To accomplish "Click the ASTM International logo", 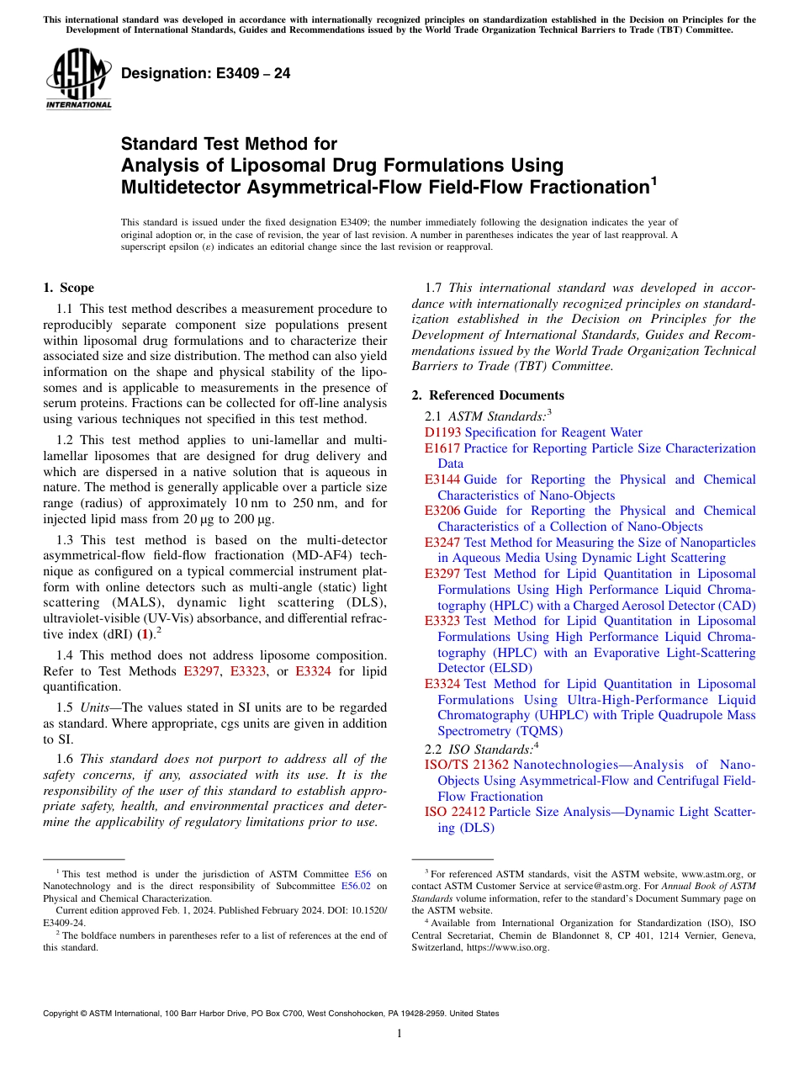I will [77, 80].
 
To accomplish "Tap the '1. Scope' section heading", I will [69, 288].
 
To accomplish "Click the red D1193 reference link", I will [443, 432].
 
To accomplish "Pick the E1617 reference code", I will [442, 448].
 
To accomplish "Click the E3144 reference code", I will [442, 479].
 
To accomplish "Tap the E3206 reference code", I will [442, 511].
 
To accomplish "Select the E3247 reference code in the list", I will [442, 543].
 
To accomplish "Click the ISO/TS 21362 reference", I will [467, 765].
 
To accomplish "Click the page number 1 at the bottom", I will [399, 1034].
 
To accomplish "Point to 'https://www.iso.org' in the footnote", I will [513, 947].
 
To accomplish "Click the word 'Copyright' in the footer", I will [62, 1014].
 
